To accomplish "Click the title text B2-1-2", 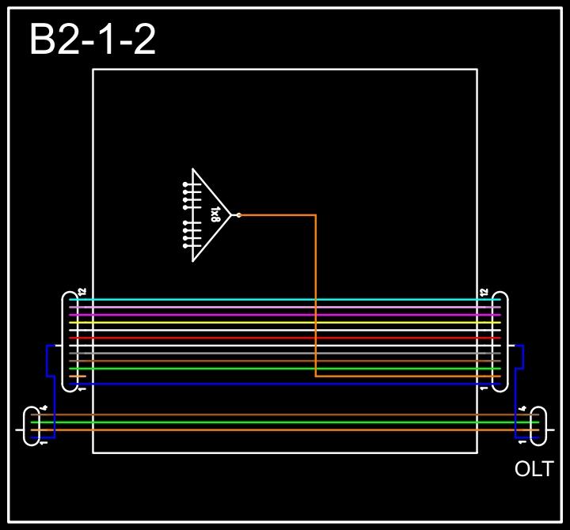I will click(92, 40).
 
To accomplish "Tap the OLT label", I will click(534, 469).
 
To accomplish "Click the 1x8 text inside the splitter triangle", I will click(215, 215).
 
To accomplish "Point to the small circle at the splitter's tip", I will click(238, 215).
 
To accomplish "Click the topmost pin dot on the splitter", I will click(185, 184).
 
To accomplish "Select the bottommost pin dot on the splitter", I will click(185, 246).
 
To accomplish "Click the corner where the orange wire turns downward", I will click(316, 215).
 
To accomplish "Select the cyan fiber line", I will click(285, 300).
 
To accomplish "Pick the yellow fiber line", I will click(285, 323).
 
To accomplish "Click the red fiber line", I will click(285, 338).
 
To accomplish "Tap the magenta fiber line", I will click(285, 315).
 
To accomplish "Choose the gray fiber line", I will click(285, 353).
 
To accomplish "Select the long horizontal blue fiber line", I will click(285, 384).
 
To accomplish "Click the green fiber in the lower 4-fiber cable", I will click(285, 422).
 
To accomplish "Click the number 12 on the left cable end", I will click(82, 292).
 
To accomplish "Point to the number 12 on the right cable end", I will click(484, 292).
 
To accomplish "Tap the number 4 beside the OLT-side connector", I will click(522, 408).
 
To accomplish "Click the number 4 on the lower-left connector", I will click(44, 408).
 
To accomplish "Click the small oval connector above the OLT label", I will click(538, 426).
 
